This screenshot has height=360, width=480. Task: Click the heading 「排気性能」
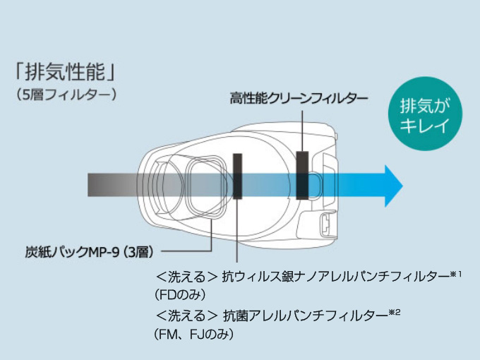pyautogui.click(x=64, y=73)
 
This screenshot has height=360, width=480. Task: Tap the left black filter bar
pyautogui.click(x=236, y=177)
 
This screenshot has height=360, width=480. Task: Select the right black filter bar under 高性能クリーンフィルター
pyautogui.click(x=302, y=175)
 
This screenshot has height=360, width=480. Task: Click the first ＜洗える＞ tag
pyautogui.click(x=186, y=275)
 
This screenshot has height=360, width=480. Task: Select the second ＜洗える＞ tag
pyautogui.click(x=186, y=316)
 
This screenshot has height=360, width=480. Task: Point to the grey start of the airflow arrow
pyautogui.click(x=95, y=186)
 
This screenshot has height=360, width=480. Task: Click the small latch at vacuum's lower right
pyautogui.click(x=325, y=224)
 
